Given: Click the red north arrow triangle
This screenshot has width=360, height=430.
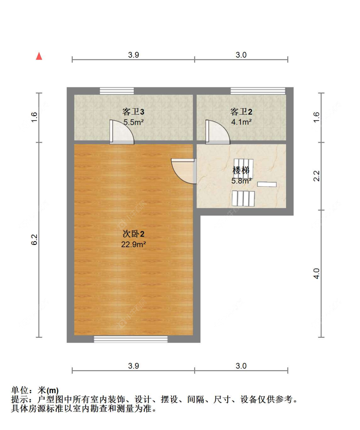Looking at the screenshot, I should tap(39, 56).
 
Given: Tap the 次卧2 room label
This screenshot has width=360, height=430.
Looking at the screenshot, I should tap(133, 234).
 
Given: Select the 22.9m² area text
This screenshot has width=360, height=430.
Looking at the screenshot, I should tap(133, 244).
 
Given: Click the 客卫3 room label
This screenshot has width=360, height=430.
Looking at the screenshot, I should tap(133, 111).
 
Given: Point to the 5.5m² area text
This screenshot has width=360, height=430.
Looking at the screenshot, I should tap(133, 122).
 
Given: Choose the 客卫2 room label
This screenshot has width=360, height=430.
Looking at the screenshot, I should tap(241, 111).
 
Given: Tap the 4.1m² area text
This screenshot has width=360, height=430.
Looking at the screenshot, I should tap(241, 122).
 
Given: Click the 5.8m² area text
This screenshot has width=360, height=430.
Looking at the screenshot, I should tap(241, 181).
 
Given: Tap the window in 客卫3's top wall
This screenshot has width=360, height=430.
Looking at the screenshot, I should tap(116, 91).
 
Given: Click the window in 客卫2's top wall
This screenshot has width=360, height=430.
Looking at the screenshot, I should tap(258, 91).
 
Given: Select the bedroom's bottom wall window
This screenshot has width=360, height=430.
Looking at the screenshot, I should tap(131, 339).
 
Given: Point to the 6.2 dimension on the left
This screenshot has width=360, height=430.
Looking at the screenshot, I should tap(34, 239).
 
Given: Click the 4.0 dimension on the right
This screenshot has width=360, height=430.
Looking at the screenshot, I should tap(316, 273).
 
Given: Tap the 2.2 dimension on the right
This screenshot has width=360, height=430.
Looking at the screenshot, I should tap(316, 176).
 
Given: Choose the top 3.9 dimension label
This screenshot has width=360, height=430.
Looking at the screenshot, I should tap(133, 55).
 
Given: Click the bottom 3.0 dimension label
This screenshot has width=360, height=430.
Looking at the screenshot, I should tap(241, 366).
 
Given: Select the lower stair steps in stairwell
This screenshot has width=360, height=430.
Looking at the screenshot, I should tap(243, 199).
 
